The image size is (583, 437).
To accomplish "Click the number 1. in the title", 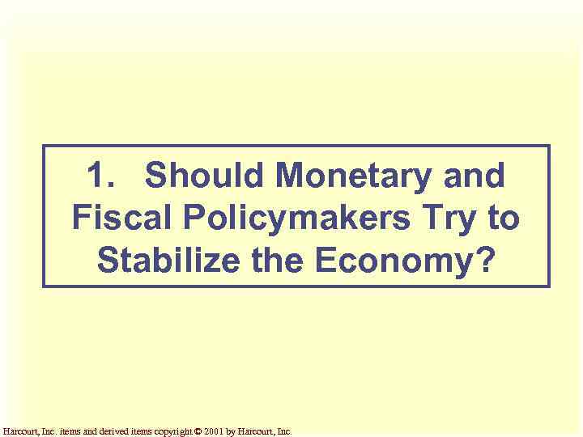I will [99, 175].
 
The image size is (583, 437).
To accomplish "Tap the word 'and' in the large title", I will [478, 175].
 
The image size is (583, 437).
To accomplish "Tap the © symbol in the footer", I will [199, 431].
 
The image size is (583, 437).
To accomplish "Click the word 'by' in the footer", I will [232, 431].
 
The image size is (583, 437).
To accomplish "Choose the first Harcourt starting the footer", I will [18, 431].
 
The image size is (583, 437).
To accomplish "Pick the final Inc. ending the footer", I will [284, 431].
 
